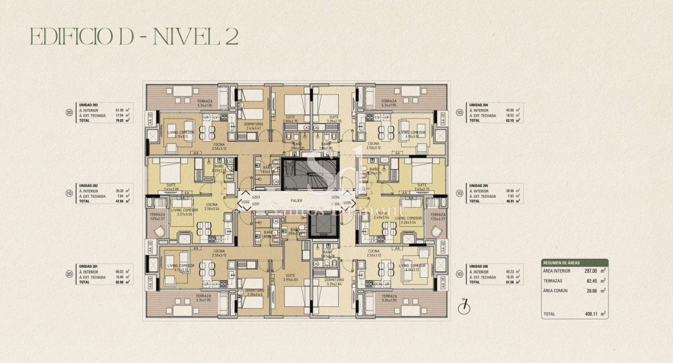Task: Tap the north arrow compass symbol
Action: pos(464,306)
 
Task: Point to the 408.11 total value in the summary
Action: pos(583,315)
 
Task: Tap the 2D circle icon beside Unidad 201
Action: pos(68,274)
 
